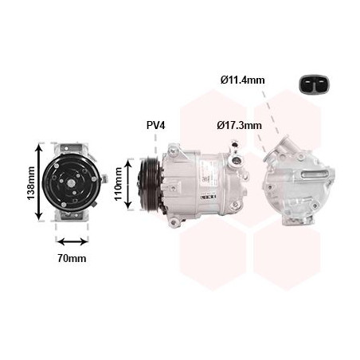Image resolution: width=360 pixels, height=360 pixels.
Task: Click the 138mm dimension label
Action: pos(31,183)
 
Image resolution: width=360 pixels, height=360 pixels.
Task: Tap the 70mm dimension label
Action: pos(72,258)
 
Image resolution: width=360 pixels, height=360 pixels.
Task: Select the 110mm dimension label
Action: pos(118,184)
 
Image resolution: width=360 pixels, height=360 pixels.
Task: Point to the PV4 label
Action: pos(156,125)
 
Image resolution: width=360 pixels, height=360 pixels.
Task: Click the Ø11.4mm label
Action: pos(242,80)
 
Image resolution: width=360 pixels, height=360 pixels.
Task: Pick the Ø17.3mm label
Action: pos(239,125)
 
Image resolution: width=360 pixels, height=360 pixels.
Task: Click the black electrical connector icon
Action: pos(313,84)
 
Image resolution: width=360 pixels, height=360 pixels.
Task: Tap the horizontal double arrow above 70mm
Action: pos(72,242)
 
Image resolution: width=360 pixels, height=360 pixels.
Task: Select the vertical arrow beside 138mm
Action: pos(39,182)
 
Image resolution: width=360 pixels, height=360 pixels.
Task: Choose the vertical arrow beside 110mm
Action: pos(128,184)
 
